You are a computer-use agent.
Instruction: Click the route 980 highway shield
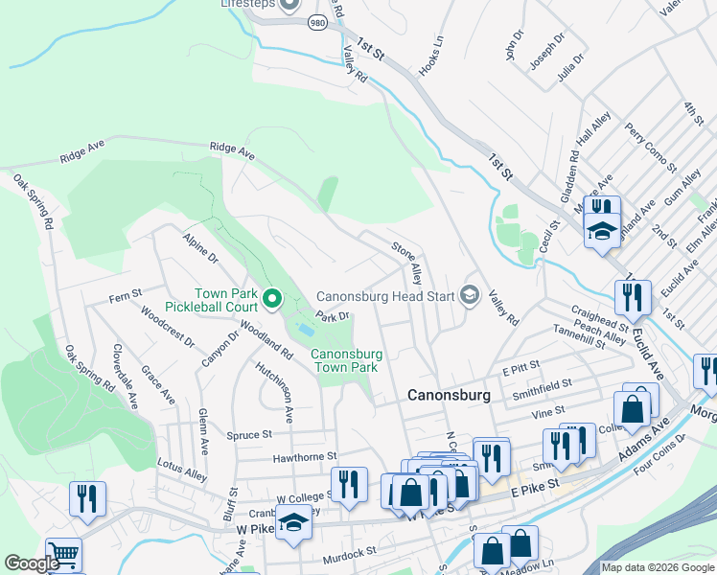pyautogui.click(x=318, y=21)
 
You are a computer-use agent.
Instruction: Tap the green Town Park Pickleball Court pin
pyautogui.click(x=272, y=300)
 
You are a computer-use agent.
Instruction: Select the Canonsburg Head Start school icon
pyautogui.click(x=469, y=295)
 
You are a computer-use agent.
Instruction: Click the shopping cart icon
pyautogui.click(x=62, y=553)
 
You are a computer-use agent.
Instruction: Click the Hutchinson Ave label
pyautogui.click(x=274, y=392)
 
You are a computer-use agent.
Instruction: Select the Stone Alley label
pyautogui.click(x=405, y=263)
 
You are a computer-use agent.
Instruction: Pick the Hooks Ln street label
pyautogui.click(x=432, y=57)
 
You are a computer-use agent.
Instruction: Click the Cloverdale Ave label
pyautogui.click(x=125, y=377)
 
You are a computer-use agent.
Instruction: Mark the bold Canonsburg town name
pyautogui.click(x=449, y=395)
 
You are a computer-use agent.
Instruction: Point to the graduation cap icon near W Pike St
pyautogui.click(x=295, y=523)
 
